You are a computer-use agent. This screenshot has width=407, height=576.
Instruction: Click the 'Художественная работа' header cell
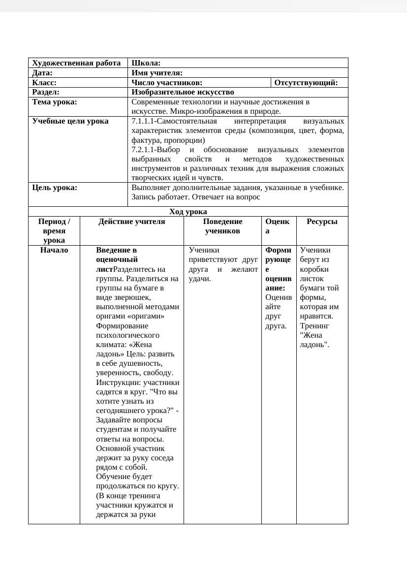tap(76, 63)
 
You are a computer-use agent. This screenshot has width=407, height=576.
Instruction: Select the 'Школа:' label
tap(146, 63)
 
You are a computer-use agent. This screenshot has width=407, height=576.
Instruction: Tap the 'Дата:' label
tap(42, 73)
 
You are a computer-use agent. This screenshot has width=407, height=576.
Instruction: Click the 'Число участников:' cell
tap(167, 83)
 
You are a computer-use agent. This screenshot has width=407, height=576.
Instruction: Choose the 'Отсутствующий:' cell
tap(306, 83)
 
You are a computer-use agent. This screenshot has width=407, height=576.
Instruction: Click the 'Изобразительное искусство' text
tap(183, 92)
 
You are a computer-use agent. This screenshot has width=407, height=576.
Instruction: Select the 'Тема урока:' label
tap(55, 102)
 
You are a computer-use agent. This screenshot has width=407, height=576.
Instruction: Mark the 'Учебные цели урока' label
tap(70, 121)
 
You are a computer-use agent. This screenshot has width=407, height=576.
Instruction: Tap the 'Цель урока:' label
tap(55, 188)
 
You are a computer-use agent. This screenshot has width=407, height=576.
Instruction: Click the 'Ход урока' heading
tap(188, 212)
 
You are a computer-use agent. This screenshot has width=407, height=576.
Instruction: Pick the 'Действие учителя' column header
tap(132, 222)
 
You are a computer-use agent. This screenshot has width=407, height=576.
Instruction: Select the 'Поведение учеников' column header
tap(222, 226)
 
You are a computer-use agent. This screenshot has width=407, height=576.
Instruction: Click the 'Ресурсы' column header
tap(322, 222)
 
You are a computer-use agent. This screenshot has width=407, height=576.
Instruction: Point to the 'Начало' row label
tap(54, 250)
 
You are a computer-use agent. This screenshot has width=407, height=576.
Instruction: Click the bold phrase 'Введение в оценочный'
tap(117, 255)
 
